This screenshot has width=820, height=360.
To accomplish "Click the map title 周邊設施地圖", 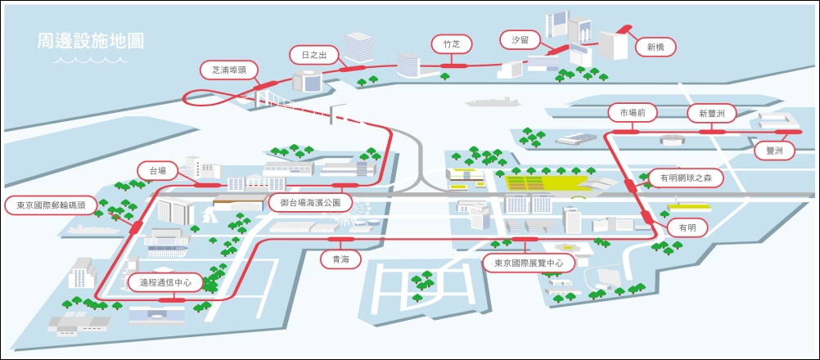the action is click(91, 41).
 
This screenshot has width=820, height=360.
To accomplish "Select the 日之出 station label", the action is click(312, 54).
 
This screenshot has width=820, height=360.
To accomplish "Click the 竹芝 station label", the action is click(452, 44).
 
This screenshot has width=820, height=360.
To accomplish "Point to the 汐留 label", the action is click(519, 40).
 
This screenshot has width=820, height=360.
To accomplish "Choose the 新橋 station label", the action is click(656, 47).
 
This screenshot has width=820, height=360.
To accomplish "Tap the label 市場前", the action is click(629, 113).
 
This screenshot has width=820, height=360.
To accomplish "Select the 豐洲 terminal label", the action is click(774, 151).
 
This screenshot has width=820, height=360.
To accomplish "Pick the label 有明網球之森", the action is click(685, 178).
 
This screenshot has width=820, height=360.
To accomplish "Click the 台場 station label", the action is click(157, 171).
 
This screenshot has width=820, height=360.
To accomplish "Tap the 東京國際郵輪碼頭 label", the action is click(51, 206).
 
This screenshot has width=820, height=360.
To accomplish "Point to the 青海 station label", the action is click(340, 259).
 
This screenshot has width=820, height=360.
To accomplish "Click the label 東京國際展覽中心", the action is click(529, 263).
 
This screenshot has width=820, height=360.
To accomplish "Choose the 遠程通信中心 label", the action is click(165, 282).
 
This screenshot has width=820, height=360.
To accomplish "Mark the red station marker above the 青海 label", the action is click(340, 239).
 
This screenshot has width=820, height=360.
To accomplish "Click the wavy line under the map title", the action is click(91, 60).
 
